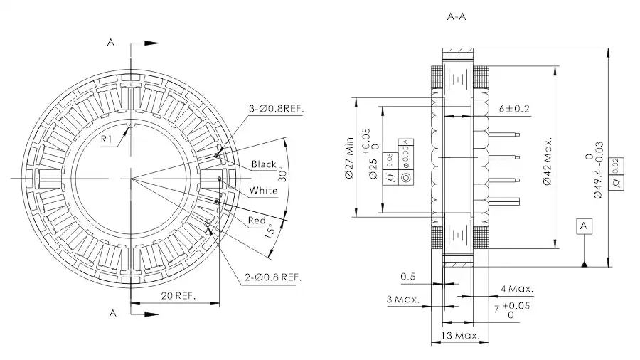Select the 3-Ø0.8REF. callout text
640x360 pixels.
(x=276, y=109)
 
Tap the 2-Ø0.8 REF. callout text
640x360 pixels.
(x=274, y=277)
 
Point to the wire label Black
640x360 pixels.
(x=263, y=164)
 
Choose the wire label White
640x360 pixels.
(x=263, y=191)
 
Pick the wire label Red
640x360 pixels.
(x=257, y=221)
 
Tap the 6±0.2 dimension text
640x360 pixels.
(x=516, y=109)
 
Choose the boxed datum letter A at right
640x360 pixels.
(x=584, y=226)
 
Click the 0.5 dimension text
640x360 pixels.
(x=408, y=276)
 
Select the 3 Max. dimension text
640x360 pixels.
(x=402, y=300)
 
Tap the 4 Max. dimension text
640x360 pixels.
(x=517, y=289)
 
